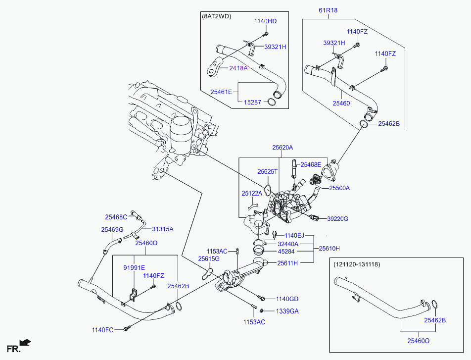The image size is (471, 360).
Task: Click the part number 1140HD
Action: click(x=266, y=21)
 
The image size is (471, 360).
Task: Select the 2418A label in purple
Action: click(x=238, y=68)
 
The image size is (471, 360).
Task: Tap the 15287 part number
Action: click(x=253, y=102)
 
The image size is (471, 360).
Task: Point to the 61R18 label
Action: click(x=328, y=10)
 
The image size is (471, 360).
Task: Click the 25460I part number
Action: click(x=342, y=103)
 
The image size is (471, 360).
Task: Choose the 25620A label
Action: click(x=283, y=148)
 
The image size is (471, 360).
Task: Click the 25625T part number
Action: click(x=268, y=171)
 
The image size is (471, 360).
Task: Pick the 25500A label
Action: click(x=339, y=188)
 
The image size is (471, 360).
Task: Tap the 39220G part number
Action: click(x=338, y=218)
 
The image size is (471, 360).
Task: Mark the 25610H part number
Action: click(x=329, y=248)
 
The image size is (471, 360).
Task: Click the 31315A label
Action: click(x=163, y=229)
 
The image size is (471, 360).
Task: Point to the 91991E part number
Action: click(x=134, y=268)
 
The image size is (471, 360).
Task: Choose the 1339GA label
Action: click(x=287, y=311)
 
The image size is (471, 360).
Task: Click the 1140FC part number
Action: click(x=102, y=330)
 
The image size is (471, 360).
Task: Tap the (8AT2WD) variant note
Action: click(x=217, y=16)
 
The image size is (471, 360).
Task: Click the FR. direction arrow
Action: click(x=25, y=343)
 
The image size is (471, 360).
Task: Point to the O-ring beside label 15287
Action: click(x=271, y=102)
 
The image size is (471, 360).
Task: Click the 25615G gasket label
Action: click(x=208, y=258)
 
